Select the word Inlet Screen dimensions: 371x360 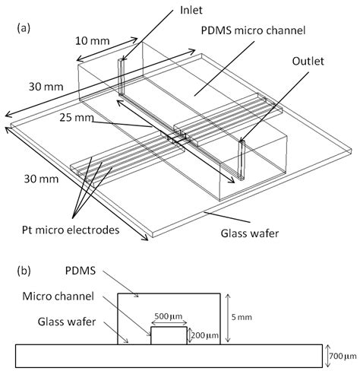click(x=170, y=11)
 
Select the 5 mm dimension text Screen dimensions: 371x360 click(x=247, y=319)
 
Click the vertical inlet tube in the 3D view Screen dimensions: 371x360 click(x=120, y=76)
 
